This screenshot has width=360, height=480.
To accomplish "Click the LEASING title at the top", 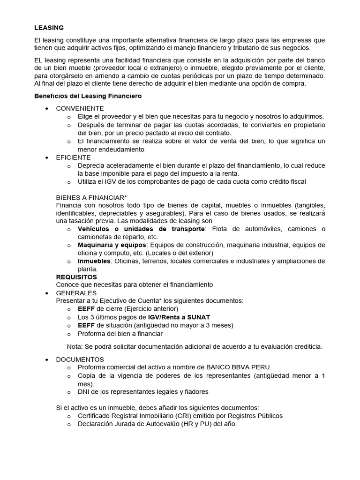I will click(49, 28).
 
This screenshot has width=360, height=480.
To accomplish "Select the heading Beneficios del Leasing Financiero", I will click(88, 96).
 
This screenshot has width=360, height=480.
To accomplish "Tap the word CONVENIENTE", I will click(80, 108).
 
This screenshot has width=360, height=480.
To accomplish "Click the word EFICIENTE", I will click(73, 157).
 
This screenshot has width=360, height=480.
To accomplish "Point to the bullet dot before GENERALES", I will click(46, 293).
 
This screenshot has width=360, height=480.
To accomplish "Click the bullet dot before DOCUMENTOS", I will click(46, 359).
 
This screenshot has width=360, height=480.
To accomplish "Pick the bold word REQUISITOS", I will click(76, 277).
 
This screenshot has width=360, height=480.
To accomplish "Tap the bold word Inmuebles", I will click(94, 261).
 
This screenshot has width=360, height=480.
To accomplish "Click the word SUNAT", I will click(198, 317).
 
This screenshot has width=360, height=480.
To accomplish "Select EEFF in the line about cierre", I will click(86, 309).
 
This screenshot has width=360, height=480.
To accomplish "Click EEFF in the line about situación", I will click(86, 325).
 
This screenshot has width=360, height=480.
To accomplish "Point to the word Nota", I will click(75, 346).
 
